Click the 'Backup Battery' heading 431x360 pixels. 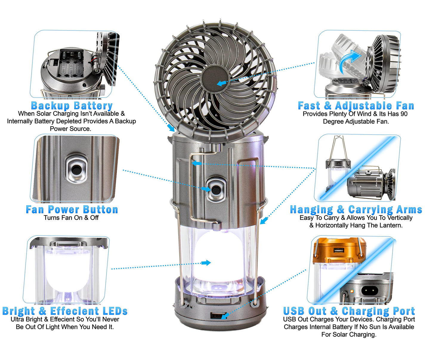click(x=72, y=106)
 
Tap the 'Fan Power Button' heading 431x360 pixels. click(x=72, y=210)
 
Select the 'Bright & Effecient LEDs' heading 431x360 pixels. click(x=65, y=311)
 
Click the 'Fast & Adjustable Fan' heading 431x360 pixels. click(x=356, y=106)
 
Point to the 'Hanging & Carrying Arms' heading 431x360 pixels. click(x=356, y=210)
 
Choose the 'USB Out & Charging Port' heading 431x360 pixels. click(x=349, y=311)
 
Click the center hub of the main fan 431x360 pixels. click(x=215, y=78)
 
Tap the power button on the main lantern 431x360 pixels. click(x=216, y=189)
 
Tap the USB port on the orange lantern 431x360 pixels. click(x=339, y=250)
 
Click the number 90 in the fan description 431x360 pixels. click(x=403, y=114)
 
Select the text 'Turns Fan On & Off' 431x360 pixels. click(x=71, y=218)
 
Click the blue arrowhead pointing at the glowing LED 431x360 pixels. click(x=206, y=263)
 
